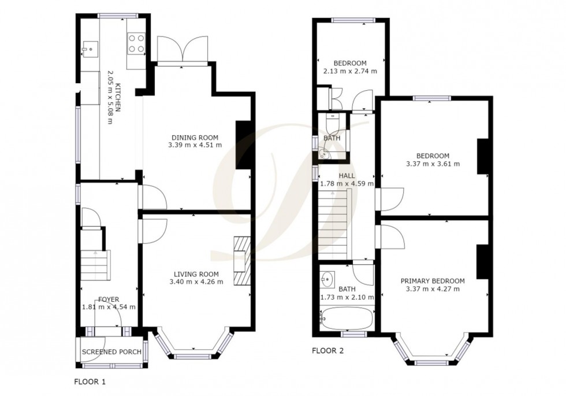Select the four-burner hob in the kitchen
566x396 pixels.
point(136,42)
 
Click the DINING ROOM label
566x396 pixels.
point(195,137)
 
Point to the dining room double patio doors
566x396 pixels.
point(183,49)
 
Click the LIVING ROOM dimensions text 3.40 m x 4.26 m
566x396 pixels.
point(196,282)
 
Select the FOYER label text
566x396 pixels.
point(109,299)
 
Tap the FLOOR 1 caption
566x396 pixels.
point(90,382)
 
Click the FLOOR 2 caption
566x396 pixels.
point(328,350)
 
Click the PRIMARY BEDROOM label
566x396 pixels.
point(433,281)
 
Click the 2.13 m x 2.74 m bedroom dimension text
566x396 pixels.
point(350,71)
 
